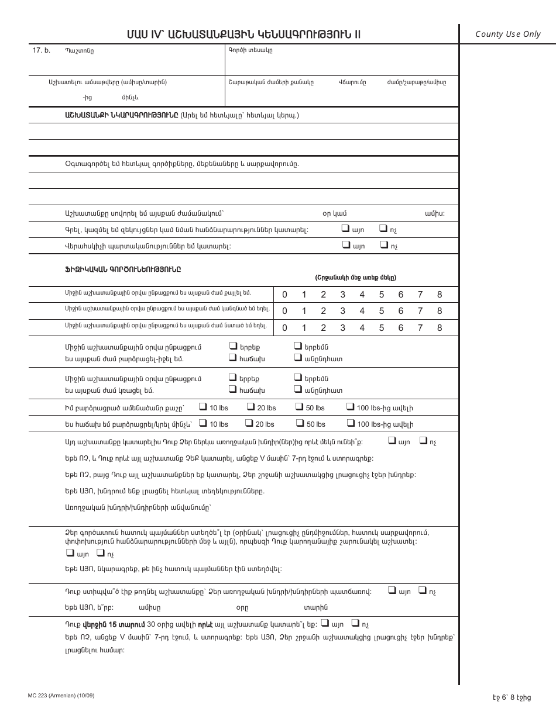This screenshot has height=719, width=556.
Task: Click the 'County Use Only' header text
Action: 507,34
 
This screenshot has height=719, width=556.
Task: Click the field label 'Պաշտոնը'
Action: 79,51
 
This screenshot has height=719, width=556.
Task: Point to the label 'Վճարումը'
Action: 352,82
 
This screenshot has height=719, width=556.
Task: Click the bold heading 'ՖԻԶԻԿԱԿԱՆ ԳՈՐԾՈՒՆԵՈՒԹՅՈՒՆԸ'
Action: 123,269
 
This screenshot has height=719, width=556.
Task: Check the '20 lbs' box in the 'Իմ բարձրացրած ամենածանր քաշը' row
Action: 250,407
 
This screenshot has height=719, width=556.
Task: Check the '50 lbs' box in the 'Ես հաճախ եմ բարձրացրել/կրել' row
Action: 298,423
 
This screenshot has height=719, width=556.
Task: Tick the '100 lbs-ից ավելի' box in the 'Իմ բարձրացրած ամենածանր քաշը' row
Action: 350,407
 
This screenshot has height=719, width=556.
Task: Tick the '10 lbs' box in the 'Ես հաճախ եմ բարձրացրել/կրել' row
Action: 203,423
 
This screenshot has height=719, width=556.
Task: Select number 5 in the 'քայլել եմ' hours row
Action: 382,295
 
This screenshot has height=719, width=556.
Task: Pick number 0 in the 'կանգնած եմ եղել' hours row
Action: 285,311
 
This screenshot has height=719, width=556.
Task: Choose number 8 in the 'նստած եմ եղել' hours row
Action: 440,328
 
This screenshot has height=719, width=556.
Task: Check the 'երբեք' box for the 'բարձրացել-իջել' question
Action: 233,346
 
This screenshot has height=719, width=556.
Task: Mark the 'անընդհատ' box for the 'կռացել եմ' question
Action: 298,389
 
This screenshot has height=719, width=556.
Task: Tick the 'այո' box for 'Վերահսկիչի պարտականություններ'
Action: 345,245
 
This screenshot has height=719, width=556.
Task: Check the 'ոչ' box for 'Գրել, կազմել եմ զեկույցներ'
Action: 383,229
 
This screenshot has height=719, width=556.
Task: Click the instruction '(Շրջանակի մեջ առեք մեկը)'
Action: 356,278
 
